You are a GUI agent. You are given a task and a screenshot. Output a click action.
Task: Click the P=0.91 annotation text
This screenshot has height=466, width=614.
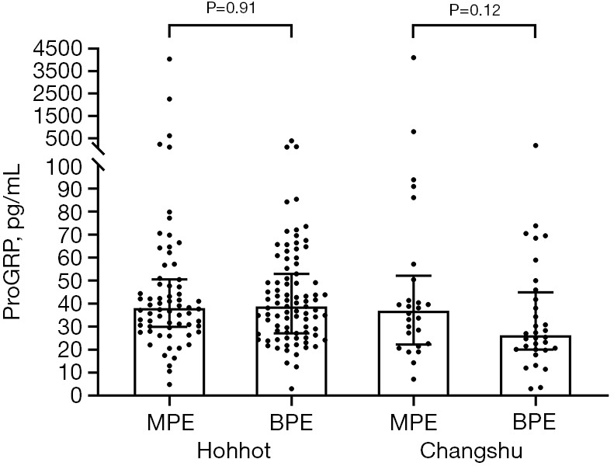coord(231,8)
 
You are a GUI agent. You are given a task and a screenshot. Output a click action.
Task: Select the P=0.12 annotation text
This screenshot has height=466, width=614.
coord(474,11)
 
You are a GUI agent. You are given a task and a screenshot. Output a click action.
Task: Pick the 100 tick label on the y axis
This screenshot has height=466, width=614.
coord(64,166)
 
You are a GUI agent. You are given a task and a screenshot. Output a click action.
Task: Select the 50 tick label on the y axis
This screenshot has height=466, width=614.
coord(71,281)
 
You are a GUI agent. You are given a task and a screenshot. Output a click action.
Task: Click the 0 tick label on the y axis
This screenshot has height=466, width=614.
coord(77,395)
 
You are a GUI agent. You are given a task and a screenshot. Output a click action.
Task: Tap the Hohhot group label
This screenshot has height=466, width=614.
coord(234,450)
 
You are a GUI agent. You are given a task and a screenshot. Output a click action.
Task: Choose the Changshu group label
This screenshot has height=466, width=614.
coord(471,450)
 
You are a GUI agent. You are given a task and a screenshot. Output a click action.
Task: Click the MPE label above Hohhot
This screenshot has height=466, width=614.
coord(170,423)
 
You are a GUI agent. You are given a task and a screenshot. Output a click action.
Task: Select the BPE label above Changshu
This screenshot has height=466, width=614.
coord(534,423)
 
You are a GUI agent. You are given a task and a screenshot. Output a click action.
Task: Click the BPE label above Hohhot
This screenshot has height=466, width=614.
coord(291,423)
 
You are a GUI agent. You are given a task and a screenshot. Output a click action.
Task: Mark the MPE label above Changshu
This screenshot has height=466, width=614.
coord(414,423)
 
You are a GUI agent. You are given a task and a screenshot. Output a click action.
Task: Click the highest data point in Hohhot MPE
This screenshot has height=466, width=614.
coord(169,59)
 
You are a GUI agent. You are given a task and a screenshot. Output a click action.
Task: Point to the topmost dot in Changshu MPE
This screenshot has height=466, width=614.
coord(414,57)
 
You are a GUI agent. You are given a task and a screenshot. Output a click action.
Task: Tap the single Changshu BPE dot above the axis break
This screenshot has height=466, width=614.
coord(536,145)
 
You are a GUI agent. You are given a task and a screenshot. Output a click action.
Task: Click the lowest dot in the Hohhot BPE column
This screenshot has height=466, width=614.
coord(291,389)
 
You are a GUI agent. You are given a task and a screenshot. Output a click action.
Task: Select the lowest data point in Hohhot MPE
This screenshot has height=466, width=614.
coord(169,384)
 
